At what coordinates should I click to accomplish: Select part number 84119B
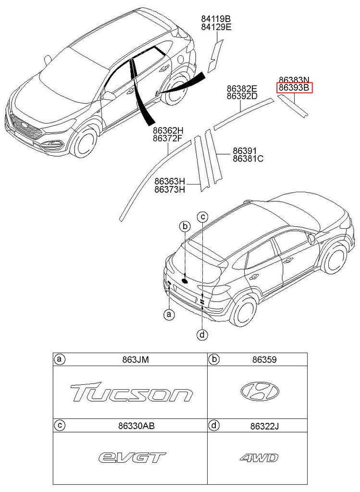pos(216,19)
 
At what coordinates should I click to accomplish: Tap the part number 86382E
pos(242,88)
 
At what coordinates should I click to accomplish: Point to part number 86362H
pos(168,130)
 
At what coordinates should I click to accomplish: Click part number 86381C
pos(248,159)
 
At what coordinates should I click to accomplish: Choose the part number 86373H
pos(170,189)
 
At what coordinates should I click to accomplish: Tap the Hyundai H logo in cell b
pos(260,391)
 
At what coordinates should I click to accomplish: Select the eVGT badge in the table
pos(132,457)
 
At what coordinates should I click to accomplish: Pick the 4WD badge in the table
pos(259,457)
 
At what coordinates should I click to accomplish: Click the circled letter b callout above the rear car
pos(184,226)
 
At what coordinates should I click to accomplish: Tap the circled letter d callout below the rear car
pos(202,334)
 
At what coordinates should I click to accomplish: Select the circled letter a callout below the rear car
pos(168,315)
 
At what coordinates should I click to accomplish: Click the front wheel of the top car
pos(85,142)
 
